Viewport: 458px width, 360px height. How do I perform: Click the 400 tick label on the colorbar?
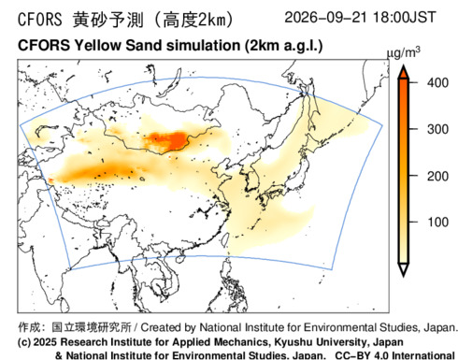click(437, 83)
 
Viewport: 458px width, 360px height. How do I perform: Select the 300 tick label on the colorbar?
click(437, 129)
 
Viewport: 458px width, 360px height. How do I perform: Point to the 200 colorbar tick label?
click(437, 176)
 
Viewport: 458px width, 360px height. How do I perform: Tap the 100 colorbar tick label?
click(437, 222)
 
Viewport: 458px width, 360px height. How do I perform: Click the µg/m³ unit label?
click(404, 52)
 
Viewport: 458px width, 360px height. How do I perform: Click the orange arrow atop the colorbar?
click(404, 72)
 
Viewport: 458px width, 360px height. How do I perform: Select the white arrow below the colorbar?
click(404, 269)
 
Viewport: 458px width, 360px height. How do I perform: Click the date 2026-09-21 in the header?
click(325, 17)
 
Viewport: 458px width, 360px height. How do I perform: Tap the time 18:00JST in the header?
click(404, 17)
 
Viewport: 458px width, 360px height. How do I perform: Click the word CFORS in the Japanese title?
click(40, 20)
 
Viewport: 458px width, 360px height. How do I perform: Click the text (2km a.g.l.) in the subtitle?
click(283, 46)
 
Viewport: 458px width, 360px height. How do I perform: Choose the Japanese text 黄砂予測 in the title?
click(108, 20)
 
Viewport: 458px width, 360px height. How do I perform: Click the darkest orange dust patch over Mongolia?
click(171, 139)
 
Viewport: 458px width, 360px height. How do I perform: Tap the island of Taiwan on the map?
click(225, 239)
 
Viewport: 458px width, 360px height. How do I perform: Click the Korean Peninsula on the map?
click(251, 180)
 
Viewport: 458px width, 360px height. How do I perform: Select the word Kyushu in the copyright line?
click(293, 342)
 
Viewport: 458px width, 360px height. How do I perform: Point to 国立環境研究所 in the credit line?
click(92, 327)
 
